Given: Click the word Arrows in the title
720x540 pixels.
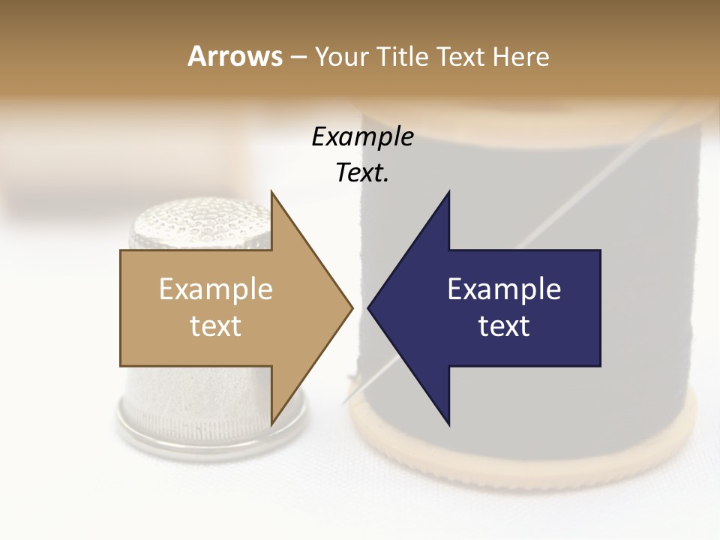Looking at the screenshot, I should point(235,56).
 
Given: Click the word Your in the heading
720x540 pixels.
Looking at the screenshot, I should point(342,56).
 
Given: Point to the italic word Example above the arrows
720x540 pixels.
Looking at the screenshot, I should point(362,136).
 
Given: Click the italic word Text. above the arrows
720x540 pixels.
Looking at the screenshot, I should point(362,172).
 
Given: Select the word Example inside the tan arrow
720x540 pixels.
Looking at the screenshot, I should point(216,289).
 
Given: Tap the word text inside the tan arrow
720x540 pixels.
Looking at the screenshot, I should point(216,326).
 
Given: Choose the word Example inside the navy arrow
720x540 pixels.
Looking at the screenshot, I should point(504,289).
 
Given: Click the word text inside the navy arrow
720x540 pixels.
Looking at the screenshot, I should point(504,326).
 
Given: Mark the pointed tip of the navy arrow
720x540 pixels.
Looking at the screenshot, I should point(369,307).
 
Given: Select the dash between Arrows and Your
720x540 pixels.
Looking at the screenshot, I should point(298,57).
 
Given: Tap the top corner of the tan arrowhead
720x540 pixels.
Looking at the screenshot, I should point(271,193).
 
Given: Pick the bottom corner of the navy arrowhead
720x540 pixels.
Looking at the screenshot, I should point(448,424).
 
